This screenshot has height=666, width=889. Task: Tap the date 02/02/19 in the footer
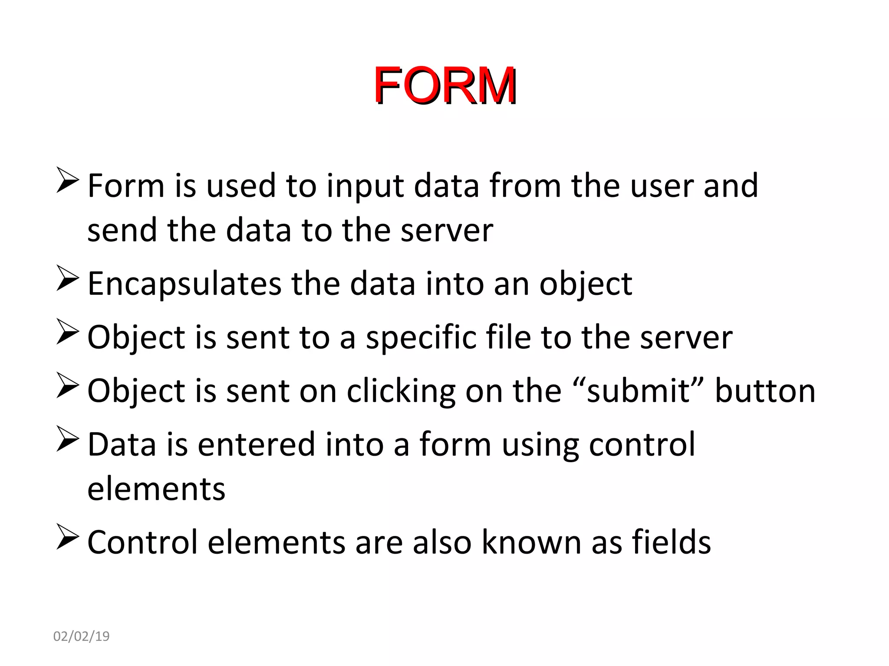[x=81, y=636]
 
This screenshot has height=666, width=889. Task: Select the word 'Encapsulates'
[x=184, y=284]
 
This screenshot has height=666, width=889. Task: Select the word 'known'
[x=531, y=542]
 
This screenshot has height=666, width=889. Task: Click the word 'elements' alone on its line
[x=156, y=489]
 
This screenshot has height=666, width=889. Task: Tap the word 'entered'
[x=256, y=444]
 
